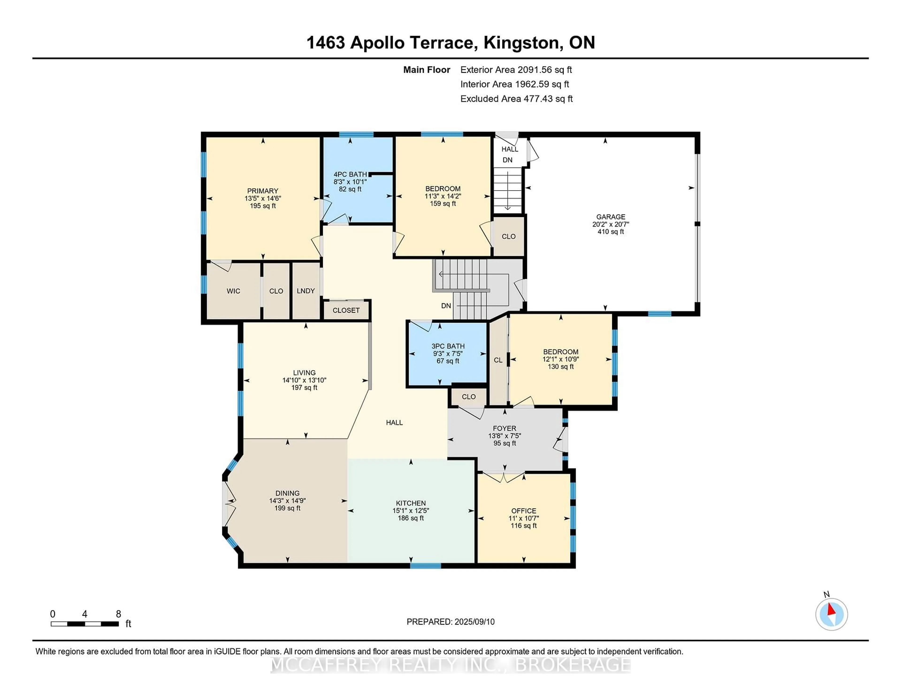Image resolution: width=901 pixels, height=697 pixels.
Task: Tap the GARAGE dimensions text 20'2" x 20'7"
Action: tap(611, 224)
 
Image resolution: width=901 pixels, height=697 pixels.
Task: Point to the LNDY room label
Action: tap(306, 291)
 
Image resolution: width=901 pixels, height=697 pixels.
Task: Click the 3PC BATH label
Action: tap(448, 346)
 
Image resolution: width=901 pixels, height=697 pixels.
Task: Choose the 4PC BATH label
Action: tap(350, 174)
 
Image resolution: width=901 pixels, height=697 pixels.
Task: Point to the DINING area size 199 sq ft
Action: tap(287, 508)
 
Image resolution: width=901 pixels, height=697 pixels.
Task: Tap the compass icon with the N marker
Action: tap(831, 614)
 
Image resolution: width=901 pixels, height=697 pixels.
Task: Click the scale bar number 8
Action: tap(118, 614)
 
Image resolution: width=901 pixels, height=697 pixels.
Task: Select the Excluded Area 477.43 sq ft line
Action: tap(516, 99)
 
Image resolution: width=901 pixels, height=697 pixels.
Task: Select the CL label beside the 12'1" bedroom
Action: tap(498, 360)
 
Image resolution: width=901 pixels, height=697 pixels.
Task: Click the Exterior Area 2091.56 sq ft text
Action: tap(516, 70)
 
